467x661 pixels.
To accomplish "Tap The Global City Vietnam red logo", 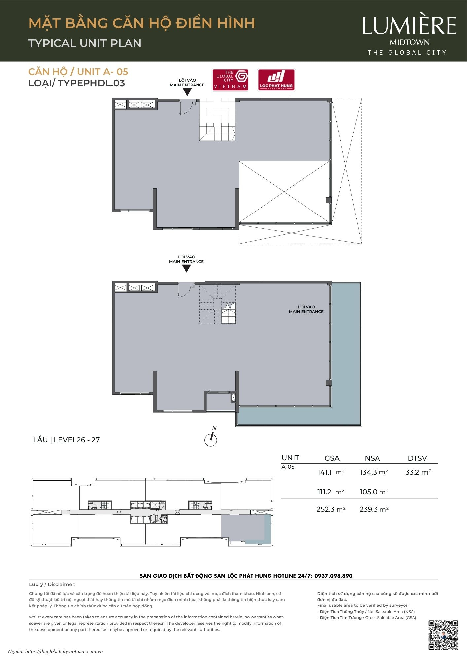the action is click(230, 80).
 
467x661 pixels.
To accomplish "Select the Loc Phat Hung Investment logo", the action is click(276, 80).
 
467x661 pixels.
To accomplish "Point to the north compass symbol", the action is click(211, 437).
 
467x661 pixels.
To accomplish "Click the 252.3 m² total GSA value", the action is click(331, 509).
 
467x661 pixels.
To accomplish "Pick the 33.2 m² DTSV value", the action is click(418, 472).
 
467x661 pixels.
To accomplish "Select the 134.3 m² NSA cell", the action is click(374, 472).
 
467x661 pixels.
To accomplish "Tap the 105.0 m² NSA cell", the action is click(374, 492).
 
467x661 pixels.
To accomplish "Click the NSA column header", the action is click(372, 458).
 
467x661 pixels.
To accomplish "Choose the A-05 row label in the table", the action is click(288, 467).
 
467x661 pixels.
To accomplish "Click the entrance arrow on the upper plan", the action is click(187, 92).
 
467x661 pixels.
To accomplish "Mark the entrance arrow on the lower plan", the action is click(187, 269).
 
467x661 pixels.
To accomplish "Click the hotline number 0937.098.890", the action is click(334, 576).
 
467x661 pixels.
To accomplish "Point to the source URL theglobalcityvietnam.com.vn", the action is click(64, 651).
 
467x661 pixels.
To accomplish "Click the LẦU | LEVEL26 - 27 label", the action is click(66, 440).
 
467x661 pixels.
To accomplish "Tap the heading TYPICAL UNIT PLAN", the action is click(85, 43).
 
